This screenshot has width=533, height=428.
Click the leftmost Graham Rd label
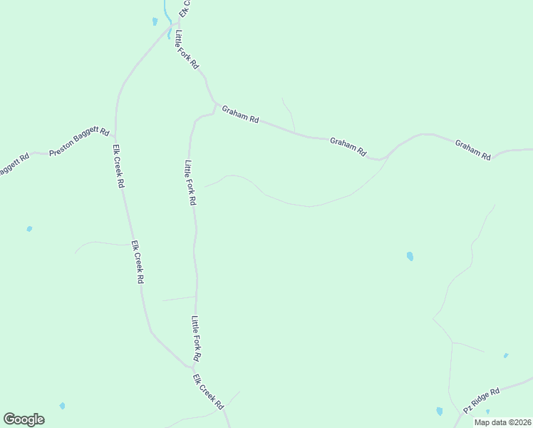pyautogui.click(x=239, y=114)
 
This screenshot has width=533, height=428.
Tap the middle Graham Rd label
pyautogui.click(x=348, y=147)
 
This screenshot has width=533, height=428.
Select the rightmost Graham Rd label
pyautogui.click(x=473, y=150)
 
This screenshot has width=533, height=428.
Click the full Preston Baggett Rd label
pyautogui.click(x=79, y=142)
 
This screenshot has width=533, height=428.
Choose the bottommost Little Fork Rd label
pyautogui.click(x=196, y=338)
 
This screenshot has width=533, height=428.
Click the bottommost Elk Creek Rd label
pyautogui.click(x=208, y=391)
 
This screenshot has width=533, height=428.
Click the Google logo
pyautogui.click(x=24, y=419)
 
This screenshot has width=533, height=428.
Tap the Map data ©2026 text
pyautogui.click(x=502, y=422)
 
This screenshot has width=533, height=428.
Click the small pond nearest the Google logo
pyautogui.click(x=62, y=406)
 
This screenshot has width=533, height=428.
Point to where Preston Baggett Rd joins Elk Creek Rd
pyautogui.click(x=115, y=136)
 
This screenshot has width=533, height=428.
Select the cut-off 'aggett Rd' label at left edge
pyautogui.click(x=13, y=164)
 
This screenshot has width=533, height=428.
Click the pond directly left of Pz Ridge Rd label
pyautogui.click(x=439, y=411)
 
